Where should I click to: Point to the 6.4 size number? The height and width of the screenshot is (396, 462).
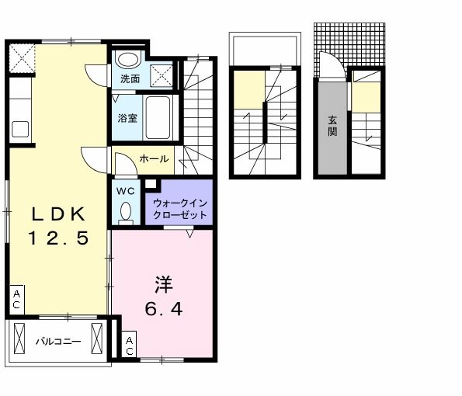[x=163, y=310]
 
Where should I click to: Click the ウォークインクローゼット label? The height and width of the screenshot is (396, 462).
[x=180, y=209]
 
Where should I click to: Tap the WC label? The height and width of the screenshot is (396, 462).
[x=126, y=189]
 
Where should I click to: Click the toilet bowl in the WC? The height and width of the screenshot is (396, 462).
[x=126, y=211]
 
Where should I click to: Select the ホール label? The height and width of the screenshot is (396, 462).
[x=154, y=158]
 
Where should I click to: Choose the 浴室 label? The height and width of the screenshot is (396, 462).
[x=127, y=118]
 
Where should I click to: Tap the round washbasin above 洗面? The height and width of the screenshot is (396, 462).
[x=127, y=59]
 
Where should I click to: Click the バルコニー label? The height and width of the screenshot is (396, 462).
[x=57, y=340]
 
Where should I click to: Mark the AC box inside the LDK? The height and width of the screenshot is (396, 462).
[x=16, y=300]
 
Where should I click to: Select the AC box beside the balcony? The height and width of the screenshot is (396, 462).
[x=130, y=346]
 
